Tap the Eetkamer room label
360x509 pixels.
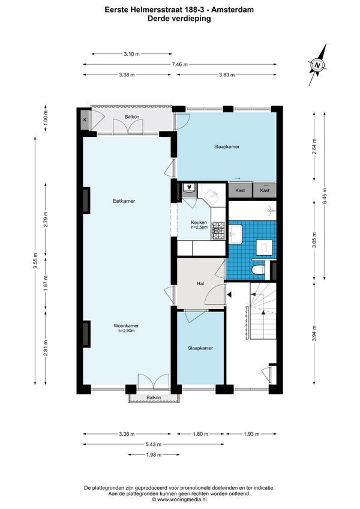point(124,201)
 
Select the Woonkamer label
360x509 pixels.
point(126,325)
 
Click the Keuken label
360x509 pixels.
point(199,222)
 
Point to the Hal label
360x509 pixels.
point(200,283)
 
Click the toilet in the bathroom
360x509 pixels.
point(259,270)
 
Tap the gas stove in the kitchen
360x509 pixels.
point(218,230)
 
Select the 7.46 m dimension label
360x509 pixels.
point(180,64)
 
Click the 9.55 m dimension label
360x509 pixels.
point(35,261)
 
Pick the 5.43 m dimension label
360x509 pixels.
point(153,444)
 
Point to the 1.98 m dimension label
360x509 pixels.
point(154,454)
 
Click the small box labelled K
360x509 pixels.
point(85,120)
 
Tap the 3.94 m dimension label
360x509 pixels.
point(314,333)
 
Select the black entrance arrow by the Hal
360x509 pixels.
point(230,295)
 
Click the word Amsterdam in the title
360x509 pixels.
point(232,10)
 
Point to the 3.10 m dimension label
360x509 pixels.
point(131,54)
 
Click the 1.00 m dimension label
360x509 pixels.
point(46,118)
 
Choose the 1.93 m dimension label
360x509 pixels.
point(251,434)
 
